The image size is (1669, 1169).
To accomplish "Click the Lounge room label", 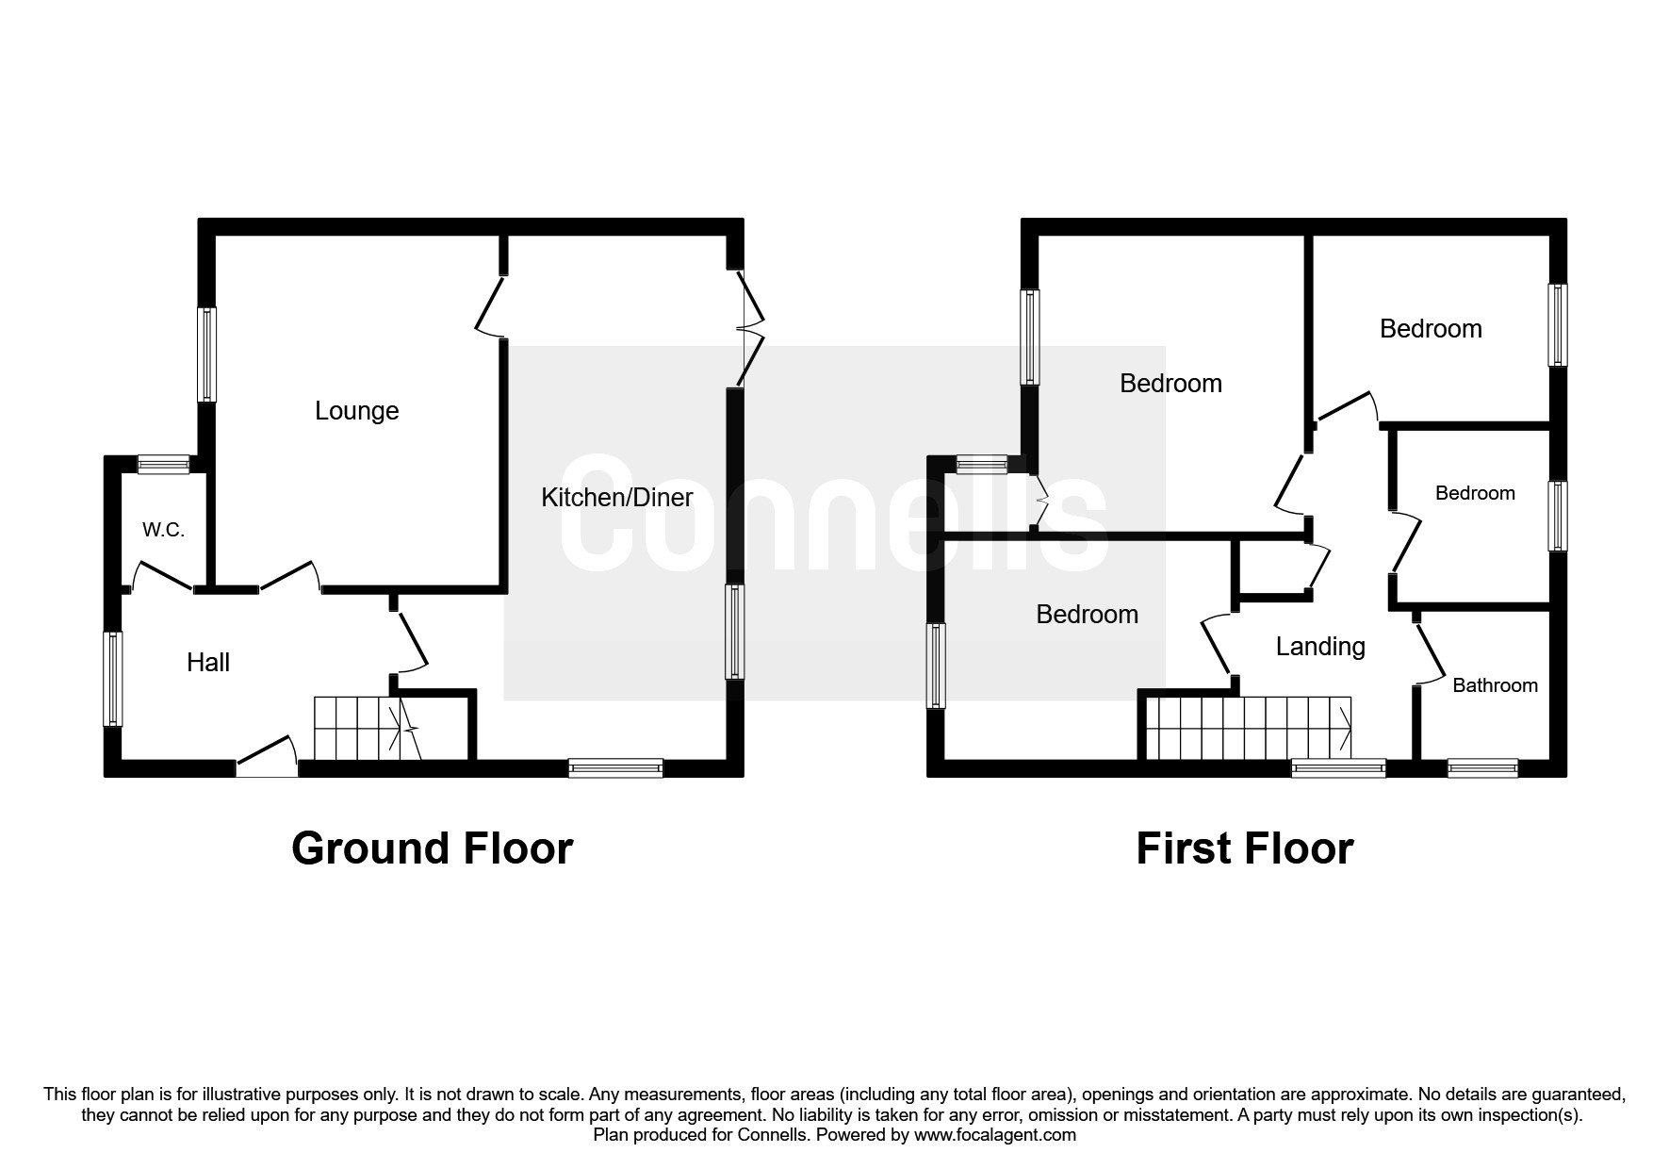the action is point(356,411).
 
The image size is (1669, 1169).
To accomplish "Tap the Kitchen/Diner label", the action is point(617,498).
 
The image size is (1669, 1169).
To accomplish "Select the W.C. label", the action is point(164,530).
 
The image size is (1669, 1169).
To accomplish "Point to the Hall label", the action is point(208,663).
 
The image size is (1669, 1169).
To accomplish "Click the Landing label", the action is point(1320,647).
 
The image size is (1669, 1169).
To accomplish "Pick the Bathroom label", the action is point(1495,685).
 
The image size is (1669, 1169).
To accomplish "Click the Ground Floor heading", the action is point(433,848).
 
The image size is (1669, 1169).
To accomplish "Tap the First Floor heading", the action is point(1245,848).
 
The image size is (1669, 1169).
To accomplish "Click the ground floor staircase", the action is point(368,729).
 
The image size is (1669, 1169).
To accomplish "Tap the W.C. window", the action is point(164,464).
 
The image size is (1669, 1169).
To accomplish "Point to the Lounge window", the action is point(206,354).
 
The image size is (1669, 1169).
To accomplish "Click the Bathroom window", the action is point(1482,768).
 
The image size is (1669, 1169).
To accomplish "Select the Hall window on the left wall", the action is point(112,679).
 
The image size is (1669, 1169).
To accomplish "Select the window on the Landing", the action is point(1338,768).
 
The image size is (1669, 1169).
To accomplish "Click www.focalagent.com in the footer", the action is point(995,1135).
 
